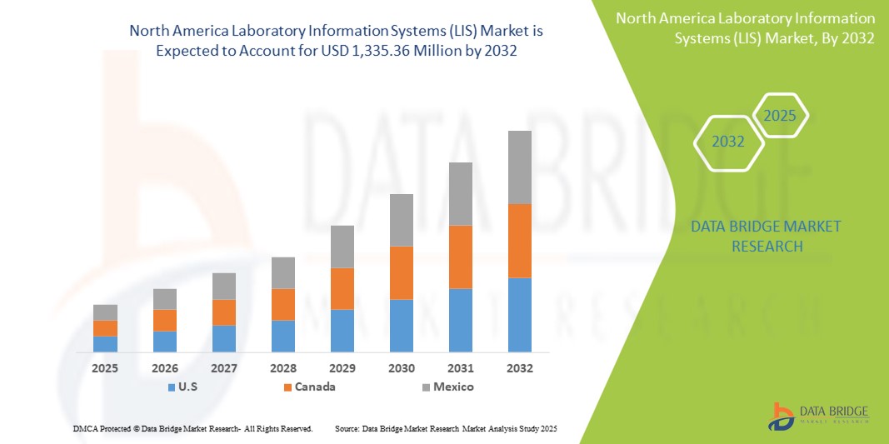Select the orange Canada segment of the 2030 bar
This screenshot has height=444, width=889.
click(x=401, y=272)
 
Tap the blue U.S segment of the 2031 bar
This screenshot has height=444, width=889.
click(x=461, y=320)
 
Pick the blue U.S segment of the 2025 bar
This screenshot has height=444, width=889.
click(x=105, y=344)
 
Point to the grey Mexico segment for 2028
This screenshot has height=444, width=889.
click(x=283, y=272)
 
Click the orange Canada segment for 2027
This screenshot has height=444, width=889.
click(x=224, y=312)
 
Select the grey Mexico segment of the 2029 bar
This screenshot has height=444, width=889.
click(x=342, y=247)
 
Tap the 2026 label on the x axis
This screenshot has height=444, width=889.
click(x=165, y=367)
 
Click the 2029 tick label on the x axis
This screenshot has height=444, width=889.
click(x=342, y=367)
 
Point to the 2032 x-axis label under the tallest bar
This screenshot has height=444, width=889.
click(x=520, y=367)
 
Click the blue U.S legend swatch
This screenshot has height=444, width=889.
click(x=172, y=387)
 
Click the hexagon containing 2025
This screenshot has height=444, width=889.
click(x=781, y=116)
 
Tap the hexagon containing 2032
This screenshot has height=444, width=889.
click(x=728, y=142)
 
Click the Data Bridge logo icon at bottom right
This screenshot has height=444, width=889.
click(x=782, y=416)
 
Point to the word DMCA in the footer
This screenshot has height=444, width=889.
click(x=86, y=428)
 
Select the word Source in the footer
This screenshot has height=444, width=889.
click(x=346, y=428)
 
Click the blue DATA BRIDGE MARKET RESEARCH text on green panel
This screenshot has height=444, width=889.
click(x=767, y=236)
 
